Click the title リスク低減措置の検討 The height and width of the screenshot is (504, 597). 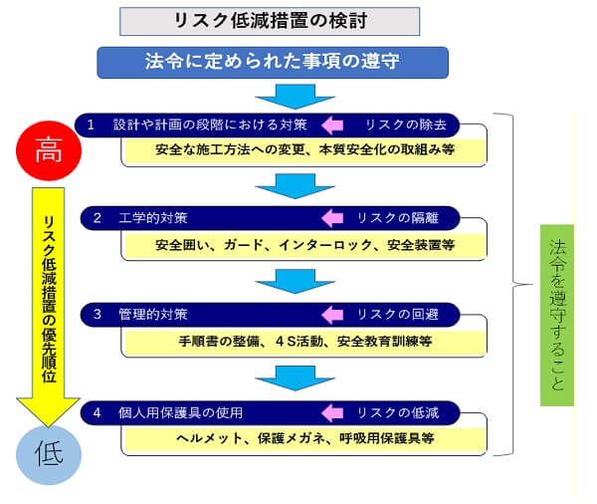(269, 21)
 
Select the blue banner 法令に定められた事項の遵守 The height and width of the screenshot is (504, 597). (272, 62)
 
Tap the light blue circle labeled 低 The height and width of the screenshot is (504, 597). (48, 454)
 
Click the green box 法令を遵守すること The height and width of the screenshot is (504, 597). (557, 315)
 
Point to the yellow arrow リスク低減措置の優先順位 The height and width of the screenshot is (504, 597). (48, 299)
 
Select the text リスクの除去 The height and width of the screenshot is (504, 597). (399, 126)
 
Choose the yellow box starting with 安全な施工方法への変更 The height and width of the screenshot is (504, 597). (304, 150)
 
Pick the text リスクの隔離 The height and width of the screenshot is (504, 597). (399, 217)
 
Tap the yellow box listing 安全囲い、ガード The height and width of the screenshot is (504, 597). (304, 244)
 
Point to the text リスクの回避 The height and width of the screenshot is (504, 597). (399, 315)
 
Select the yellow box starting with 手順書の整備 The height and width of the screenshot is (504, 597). (304, 341)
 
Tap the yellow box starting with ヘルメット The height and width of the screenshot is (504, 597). (304, 437)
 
